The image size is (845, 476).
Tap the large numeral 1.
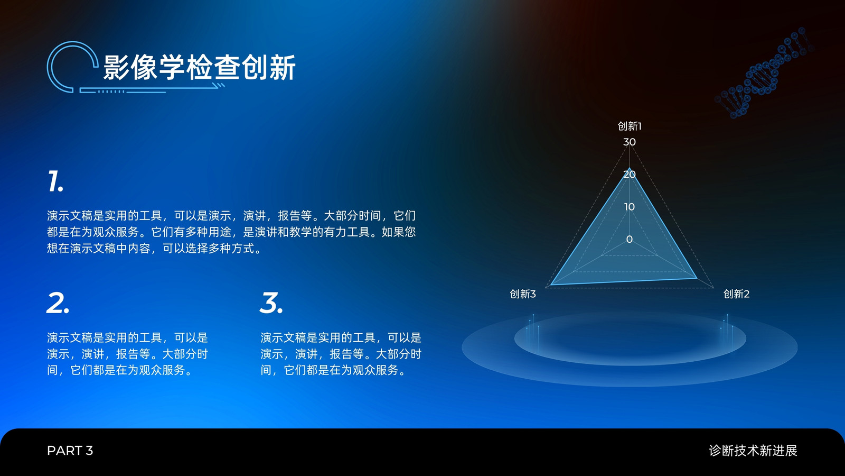55,181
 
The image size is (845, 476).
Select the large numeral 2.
58,303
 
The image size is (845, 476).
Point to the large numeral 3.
271,303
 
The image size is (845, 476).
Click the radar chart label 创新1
629,126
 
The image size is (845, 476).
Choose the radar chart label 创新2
736,294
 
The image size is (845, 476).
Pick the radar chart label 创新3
522,294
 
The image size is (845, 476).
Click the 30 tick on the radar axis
629,142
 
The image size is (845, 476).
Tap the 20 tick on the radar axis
629,175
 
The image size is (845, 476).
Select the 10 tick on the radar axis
629,207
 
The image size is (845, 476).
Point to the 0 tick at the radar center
629,239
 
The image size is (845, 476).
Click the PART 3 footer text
70,450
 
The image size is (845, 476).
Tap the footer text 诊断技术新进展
753,450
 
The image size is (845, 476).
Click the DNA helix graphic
764,72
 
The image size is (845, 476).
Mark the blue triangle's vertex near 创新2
697,278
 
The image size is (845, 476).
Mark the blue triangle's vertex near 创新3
551,285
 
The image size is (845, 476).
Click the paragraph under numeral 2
127,354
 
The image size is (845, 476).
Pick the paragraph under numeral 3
341,354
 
